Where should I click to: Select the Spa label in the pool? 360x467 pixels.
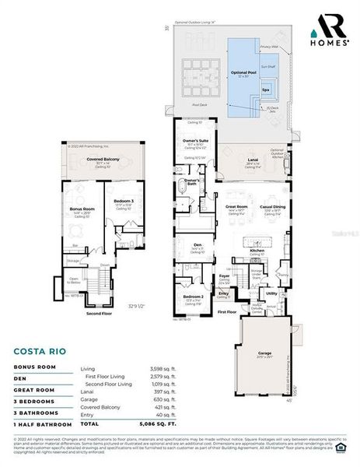coord(265,90)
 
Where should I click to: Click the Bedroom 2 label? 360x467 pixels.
coord(194,297)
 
